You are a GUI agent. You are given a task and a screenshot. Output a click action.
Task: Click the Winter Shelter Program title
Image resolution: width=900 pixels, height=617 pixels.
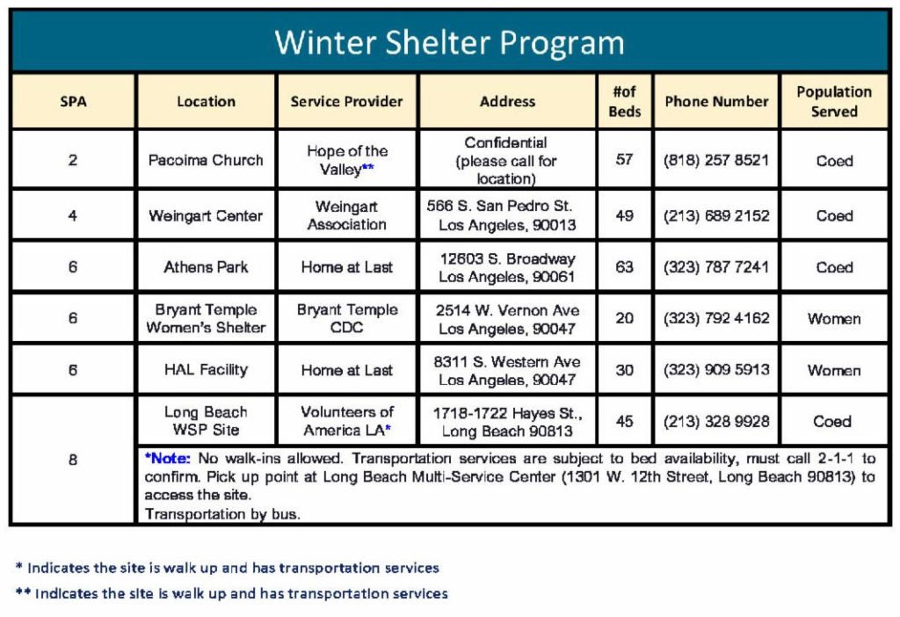tap(449, 42)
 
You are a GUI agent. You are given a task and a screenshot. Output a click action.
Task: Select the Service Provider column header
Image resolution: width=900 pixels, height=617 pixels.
tap(346, 101)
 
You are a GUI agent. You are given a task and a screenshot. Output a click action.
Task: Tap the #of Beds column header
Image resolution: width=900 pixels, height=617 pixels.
tap(625, 101)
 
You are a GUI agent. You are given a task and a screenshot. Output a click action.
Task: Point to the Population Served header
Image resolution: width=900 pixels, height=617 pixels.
tap(833, 101)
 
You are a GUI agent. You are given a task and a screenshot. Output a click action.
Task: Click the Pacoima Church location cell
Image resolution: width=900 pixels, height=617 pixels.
tap(206, 160)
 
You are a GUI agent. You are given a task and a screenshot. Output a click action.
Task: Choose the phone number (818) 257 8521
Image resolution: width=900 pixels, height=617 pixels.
tap(716, 160)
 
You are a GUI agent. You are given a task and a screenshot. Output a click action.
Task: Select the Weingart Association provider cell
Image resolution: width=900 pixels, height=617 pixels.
tap(346, 215)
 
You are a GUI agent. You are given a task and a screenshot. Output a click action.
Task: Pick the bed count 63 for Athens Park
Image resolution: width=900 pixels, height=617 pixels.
tap(625, 267)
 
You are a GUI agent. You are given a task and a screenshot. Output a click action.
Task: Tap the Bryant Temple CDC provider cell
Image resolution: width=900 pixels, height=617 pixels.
tap(346, 318)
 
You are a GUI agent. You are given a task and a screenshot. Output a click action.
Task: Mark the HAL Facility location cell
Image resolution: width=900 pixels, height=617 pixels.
tap(206, 370)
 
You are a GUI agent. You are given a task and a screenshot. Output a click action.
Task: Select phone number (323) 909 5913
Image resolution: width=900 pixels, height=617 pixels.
tap(716, 370)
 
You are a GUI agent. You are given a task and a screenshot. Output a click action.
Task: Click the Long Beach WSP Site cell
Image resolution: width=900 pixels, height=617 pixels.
tap(206, 421)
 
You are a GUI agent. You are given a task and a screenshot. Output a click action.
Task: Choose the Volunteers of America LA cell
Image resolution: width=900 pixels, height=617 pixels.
tap(346, 421)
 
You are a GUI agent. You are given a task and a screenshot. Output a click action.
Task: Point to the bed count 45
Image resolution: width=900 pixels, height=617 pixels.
tap(625, 421)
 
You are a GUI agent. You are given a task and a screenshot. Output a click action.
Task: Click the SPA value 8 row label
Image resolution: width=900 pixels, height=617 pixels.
tap(73, 459)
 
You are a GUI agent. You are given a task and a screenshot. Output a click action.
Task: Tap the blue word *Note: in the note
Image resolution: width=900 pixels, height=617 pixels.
tap(167, 459)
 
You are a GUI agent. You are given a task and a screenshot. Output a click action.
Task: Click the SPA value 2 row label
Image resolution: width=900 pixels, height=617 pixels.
tap(73, 160)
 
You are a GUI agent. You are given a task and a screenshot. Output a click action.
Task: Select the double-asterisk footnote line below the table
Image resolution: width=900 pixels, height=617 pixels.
tap(232, 593)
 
